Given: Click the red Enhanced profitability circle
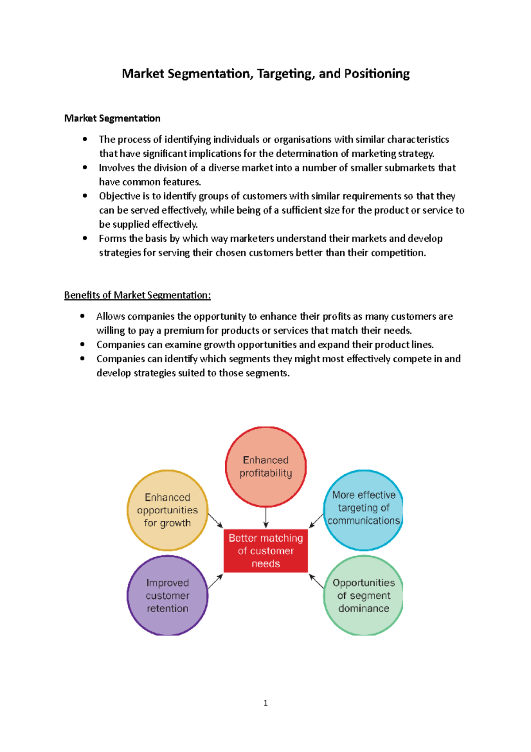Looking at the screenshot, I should (x=265, y=466).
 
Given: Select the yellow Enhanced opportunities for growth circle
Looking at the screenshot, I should (x=167, y=510).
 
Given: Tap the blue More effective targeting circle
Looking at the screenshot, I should (x=363, y=509).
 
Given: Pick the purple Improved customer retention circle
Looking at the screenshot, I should (x=167, y=596).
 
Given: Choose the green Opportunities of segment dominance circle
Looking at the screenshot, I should (x=363, y=596).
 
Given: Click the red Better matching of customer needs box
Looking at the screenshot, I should (x=265, y=550).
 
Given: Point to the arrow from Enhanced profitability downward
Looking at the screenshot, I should (x=265, y=518).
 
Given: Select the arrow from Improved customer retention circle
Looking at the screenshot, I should (x=215, y=581).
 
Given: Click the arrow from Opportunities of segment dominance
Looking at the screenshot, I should (x=316, y=581).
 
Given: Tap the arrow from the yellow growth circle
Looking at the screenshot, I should (x=215, y=521).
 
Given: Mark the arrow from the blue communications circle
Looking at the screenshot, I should (x=316, y=521).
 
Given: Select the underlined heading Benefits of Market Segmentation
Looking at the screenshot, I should (x=137, y=295).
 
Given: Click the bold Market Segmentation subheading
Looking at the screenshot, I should (x=112, y=118).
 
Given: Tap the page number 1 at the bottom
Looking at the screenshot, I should (x=265, y=703).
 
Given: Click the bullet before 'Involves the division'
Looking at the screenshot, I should (x=85, y=167).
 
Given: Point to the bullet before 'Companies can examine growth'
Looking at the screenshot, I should (x=82, y=344).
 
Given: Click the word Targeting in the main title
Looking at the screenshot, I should (x=286, y=74).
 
